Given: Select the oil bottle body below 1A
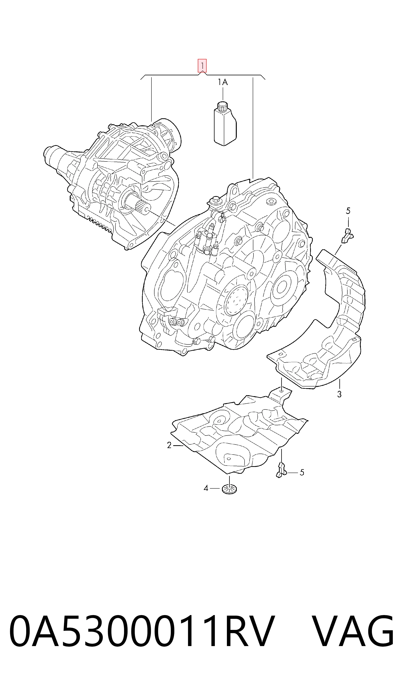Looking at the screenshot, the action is coord(225,126).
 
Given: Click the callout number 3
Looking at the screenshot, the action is coord(339,394).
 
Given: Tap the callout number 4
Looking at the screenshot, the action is coord(206,488).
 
